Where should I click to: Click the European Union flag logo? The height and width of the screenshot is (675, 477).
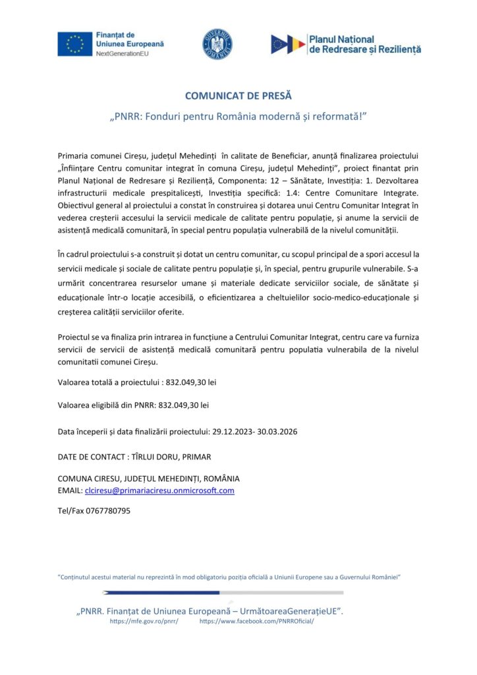click(74, 44)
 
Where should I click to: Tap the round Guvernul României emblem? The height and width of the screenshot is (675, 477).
click(217, 44)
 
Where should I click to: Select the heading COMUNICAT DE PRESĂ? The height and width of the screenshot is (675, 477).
click(238, 96)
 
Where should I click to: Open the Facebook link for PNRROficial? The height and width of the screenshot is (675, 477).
click(257, 621)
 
